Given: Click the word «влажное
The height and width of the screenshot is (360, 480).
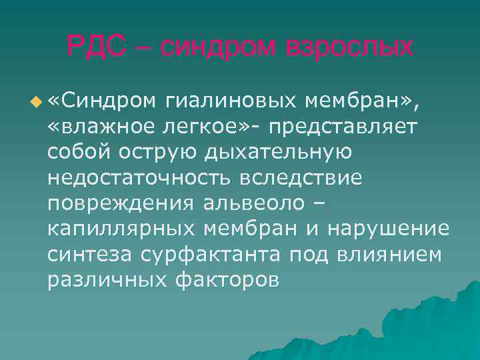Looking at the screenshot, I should click(99, 126).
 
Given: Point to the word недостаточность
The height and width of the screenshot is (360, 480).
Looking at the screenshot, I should click(133, 177).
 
